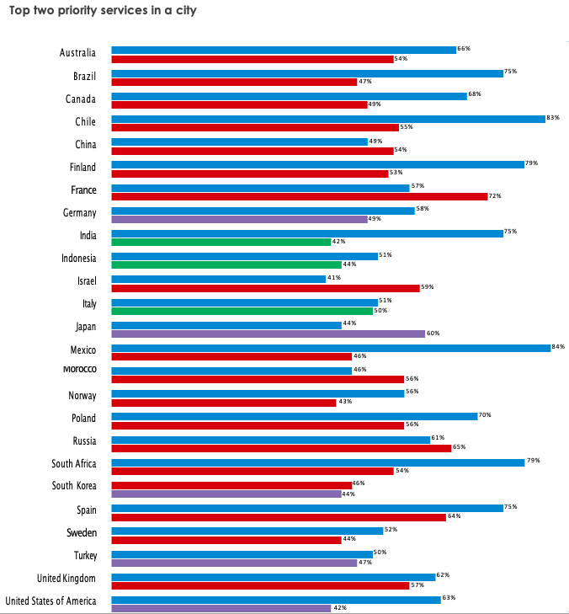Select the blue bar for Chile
click(x=328, y=119)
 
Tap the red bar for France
click(x=300, y=196)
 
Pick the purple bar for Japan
click(x=269, y=333)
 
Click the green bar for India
click(x=221, y=242)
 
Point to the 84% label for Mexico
click(x=558, y=347)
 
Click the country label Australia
click(x=77, y=53)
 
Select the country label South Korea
click(x=74, y=486)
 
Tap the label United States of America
click(x=51, y=601)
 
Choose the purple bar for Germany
click(x=239, y=219)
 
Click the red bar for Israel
click(x=266, y=287)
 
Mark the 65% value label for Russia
click(x=459, y=447)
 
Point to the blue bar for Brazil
click(x=307, y=73)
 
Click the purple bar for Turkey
click(x=234, y=561)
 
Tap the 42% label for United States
click(x=340, y=607)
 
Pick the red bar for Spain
click(x=279, y=516)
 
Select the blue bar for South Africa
click(x=318, y=462)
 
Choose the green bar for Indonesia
click(x=226, y=264)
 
